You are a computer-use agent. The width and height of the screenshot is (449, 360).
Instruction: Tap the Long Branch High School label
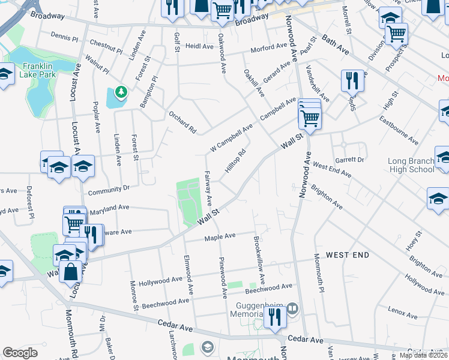tap(411, 165)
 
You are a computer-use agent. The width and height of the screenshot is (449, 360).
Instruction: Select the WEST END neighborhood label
tap(348, 256)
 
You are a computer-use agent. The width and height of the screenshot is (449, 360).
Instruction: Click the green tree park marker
tap(122, 92)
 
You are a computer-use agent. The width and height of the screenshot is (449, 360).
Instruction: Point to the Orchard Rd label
tap(182, 122)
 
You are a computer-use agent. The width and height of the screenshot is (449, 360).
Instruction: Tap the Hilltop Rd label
tap(236, 161)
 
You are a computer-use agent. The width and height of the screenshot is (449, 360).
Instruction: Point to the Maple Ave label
tap(220, 238)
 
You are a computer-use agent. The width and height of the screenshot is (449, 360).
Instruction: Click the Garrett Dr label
tap(350, 160)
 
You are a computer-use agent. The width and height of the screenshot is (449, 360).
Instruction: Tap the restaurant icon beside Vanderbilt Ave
tap(352, 81)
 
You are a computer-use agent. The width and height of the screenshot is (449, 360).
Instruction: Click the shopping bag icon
tap(71, 272)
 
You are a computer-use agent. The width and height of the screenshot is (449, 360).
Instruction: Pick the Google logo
tap(20, 353)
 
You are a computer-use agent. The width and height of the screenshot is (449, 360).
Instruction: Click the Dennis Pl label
tap(64, 37)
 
